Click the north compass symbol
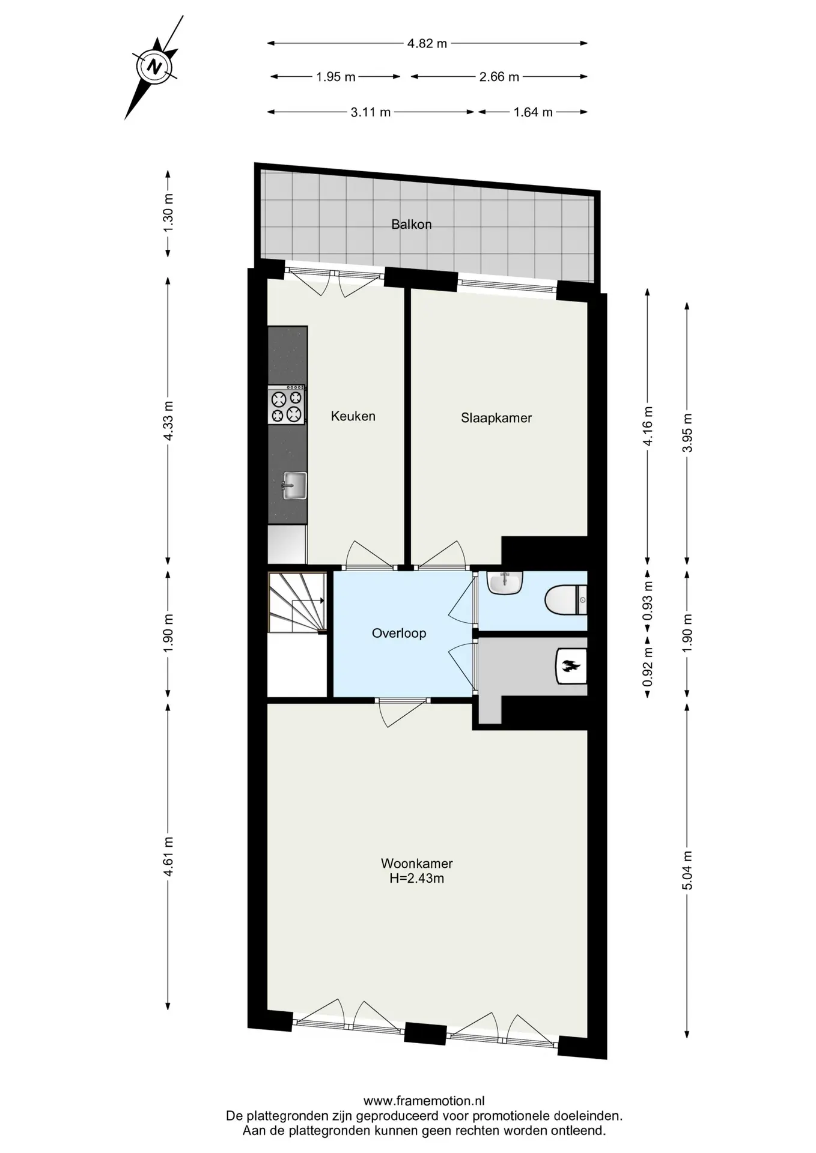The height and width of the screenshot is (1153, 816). pos(155,66)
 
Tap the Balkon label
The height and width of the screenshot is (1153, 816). pos(412,225)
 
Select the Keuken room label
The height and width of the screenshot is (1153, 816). pos(353,416)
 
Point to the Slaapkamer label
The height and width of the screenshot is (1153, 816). pos(496,419)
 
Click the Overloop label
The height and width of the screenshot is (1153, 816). pos(399,633)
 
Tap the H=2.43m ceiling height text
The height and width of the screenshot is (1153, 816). pos(417,879)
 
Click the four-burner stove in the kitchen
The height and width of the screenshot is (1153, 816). pos(287,405)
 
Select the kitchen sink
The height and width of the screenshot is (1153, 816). pos(294,485)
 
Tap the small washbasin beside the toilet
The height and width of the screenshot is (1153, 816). pos(505,583)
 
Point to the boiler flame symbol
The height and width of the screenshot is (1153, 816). pos(569,665)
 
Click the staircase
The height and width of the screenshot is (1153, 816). pos(297,602)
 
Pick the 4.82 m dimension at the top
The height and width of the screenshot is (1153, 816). pos(427,43)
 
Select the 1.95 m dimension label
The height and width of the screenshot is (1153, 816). pos(336,77)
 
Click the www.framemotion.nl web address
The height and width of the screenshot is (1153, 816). pos(424,1101)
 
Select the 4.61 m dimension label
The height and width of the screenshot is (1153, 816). pos(168,856)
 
